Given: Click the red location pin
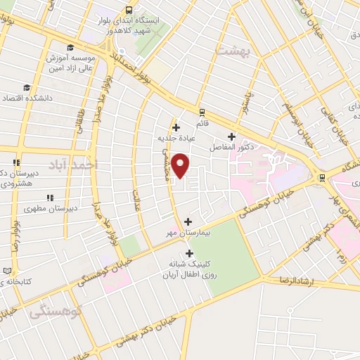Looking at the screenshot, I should coord(181,166).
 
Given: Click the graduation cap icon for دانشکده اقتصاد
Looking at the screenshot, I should coord(27,88).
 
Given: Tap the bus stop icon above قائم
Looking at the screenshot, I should coord(202,111).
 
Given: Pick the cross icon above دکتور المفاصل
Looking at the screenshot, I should coord(231,136).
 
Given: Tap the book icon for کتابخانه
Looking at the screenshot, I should coord(8,270).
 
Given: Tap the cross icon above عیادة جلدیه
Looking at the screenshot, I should coord(175,127).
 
